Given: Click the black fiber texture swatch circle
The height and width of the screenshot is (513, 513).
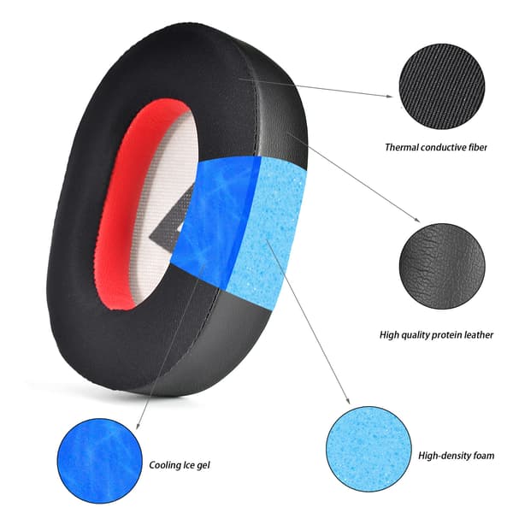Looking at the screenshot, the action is [442, 86].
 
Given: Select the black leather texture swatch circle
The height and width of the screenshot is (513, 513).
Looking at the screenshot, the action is [442, 266].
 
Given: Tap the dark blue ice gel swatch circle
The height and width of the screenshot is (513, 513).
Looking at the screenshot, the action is [99, 461].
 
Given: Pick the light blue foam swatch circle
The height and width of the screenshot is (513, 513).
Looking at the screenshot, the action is [369, 449].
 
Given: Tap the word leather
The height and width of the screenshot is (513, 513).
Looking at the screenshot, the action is [478, 334].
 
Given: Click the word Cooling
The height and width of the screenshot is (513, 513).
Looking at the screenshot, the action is [164, 465].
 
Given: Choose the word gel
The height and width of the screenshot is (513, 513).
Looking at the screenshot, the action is [203, 466].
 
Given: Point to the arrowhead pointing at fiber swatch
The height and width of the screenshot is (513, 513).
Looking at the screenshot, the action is [390, 96].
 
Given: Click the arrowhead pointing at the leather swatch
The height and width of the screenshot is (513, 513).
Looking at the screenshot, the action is [417, 220].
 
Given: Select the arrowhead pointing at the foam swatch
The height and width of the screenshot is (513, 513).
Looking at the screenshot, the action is [348, 401].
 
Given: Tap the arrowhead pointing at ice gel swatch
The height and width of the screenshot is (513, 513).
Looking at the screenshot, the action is [138, 426].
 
